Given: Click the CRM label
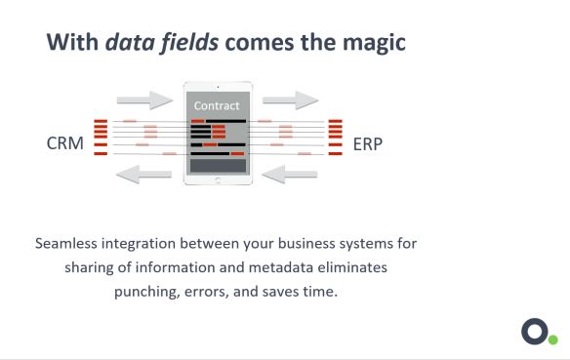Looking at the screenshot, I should pos(64,144).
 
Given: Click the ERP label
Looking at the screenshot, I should pos(367,144).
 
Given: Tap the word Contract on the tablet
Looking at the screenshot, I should pos(217,105).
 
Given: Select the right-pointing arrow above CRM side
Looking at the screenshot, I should pos(143,100).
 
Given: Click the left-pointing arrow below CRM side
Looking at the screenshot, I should pos(143,175).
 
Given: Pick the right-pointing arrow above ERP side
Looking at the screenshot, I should pos(291,100).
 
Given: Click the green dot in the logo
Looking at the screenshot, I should pos(552,340).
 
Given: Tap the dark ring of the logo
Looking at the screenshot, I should pos(533,331).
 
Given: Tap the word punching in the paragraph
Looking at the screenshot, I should pos(146,292).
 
